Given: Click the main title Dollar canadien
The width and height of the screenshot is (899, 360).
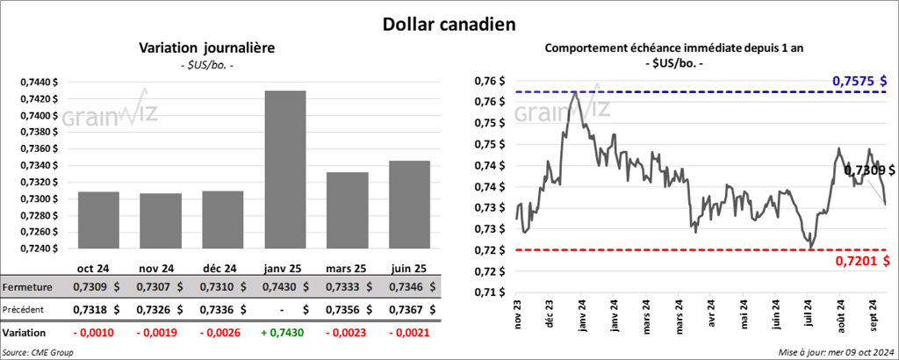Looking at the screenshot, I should [x=449, y=24].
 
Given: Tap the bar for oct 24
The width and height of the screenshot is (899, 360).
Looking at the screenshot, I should [x=98, y=220].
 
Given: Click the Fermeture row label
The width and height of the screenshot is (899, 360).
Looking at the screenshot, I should [x=26, y=287].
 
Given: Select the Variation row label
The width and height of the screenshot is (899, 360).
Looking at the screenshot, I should [x=25, y=334].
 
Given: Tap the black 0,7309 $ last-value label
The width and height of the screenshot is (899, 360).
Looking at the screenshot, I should [x=870, y=170].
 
